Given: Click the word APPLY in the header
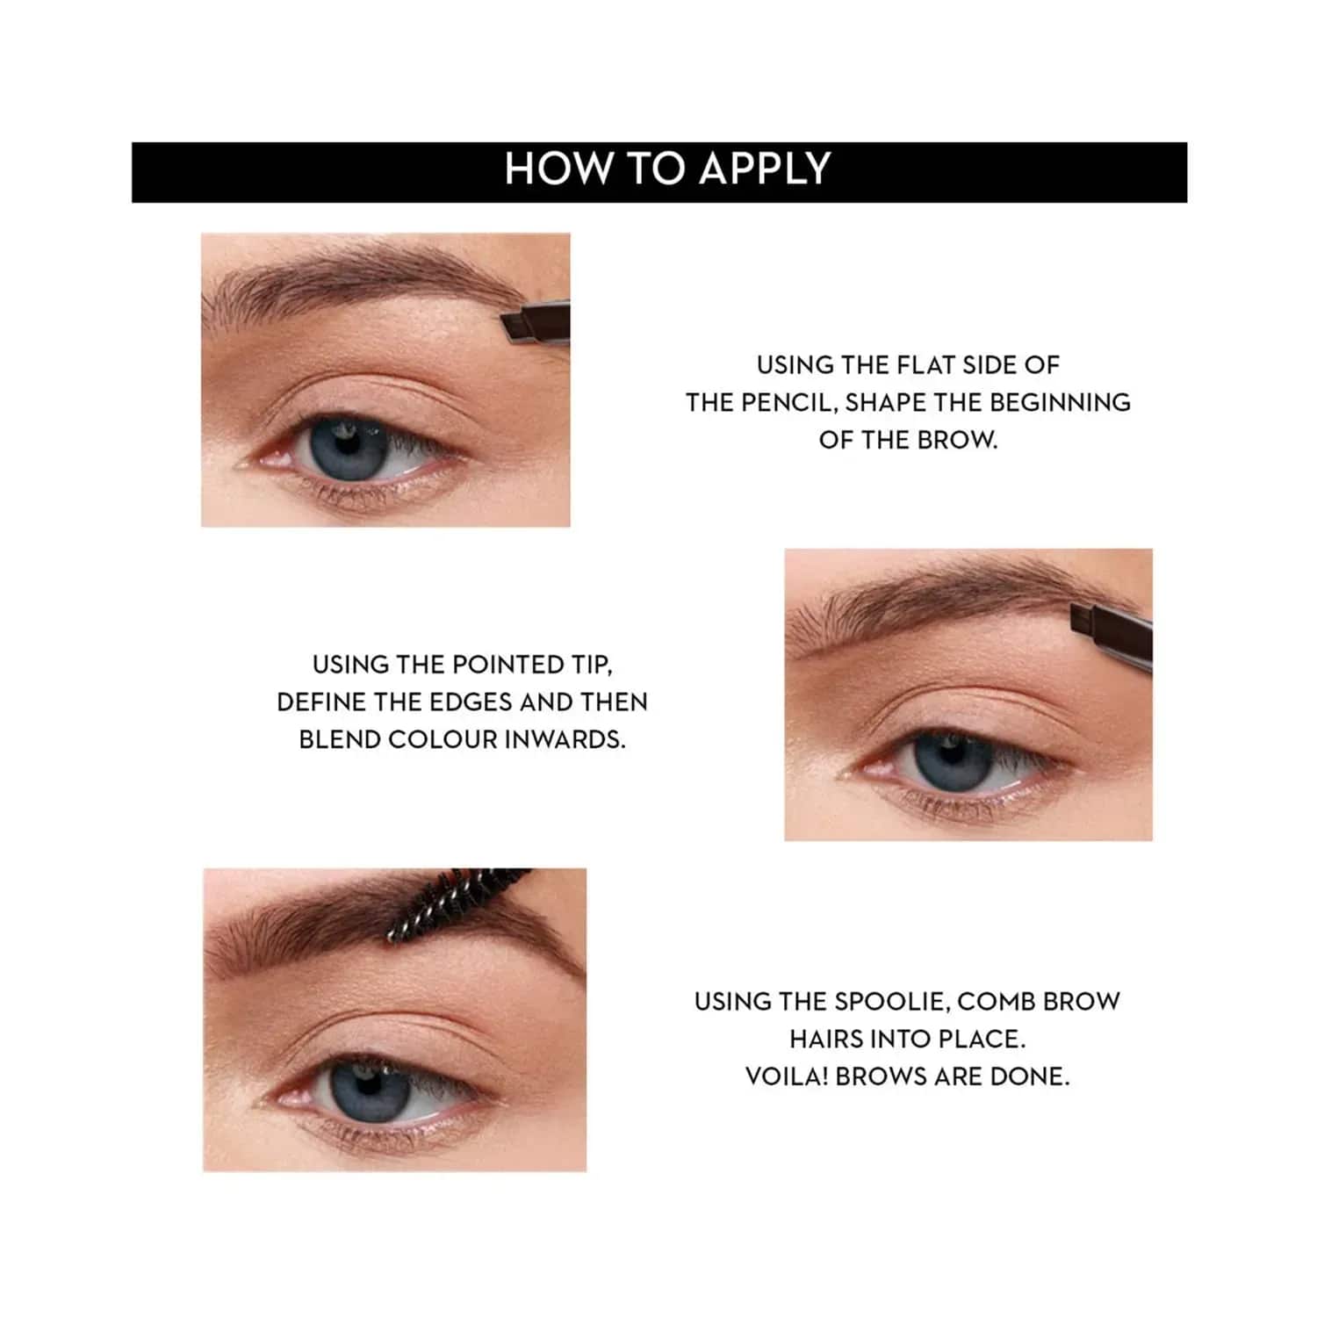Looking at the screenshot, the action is tap(764, 169).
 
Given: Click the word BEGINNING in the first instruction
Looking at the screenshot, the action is tap(1061, 402).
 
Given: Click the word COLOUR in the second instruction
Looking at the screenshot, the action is tap(443, 740).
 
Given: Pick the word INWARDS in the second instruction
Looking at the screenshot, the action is tap(565, 740).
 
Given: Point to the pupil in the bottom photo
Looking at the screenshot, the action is tap(367, 1085).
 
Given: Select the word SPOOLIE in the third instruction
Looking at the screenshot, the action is tap(890, 1002).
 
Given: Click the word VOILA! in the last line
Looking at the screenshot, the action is tap(787, 1076).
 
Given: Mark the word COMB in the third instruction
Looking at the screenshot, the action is tap(996, 1002).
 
